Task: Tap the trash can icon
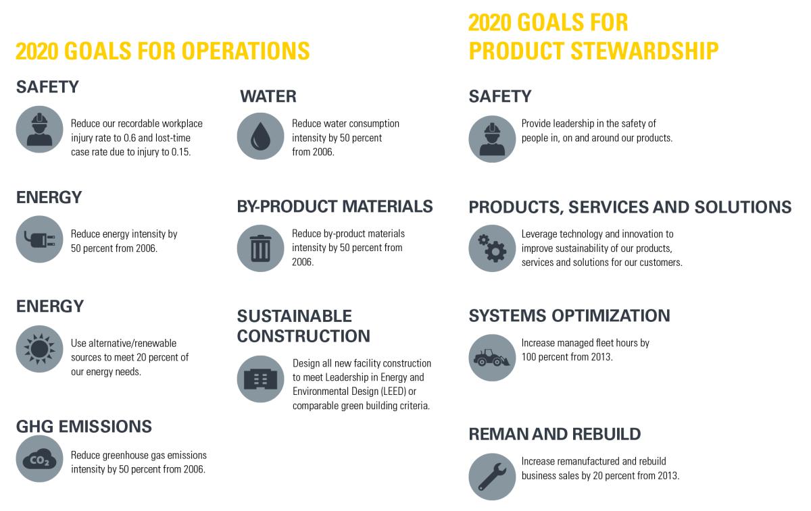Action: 260,248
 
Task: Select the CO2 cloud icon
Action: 39,458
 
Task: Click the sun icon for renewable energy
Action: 39,348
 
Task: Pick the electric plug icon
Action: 39,239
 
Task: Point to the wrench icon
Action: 492,477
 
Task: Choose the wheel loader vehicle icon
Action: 492,358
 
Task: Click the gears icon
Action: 492,248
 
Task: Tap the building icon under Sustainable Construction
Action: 260,379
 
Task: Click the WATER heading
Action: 268,97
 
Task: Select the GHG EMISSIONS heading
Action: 84,427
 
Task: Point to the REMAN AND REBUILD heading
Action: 555,434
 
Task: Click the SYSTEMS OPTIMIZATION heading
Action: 569,315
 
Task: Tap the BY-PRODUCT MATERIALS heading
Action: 335,207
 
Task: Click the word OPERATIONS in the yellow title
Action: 245,51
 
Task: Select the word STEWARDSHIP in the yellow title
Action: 645,51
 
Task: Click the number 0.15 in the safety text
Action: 180,152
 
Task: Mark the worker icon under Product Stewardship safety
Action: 492,139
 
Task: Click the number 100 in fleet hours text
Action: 529,357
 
